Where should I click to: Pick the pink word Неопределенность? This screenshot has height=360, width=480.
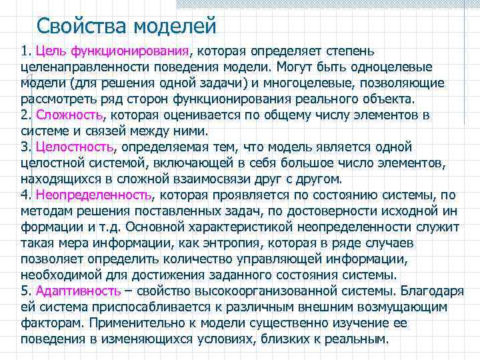[93, 195]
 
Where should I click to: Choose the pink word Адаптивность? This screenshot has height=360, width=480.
[79, 291]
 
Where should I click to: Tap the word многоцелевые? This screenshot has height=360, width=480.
[315, 83]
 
